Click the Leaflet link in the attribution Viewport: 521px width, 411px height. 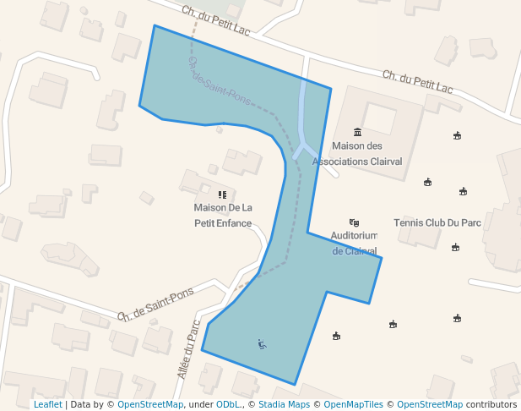pyautogui.click(x=47, y=404)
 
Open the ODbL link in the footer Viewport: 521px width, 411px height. pyautogui.click(x=227, y=404)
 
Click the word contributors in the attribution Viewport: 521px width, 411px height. pyautogui.click(x=491, y=404)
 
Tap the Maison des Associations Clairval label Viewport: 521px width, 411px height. pyautogui.click(x=357, y=153)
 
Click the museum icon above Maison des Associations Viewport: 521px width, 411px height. pyautogui.click(x=357, y=132)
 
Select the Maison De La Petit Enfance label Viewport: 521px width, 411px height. pyautogui.click(x=223, y=215)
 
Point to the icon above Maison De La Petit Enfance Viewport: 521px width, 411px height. pyautogui.click(x=223, y=194)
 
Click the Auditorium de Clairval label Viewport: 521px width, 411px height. pyautogui.click(x=354, y=243)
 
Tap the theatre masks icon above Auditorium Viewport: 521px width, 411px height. pyautogui.click(x=354, y=222)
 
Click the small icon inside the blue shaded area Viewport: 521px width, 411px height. pyautogui.click(x=263, y=343)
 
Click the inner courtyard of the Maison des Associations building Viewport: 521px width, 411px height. pyautogui.click(x=379, y=119)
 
